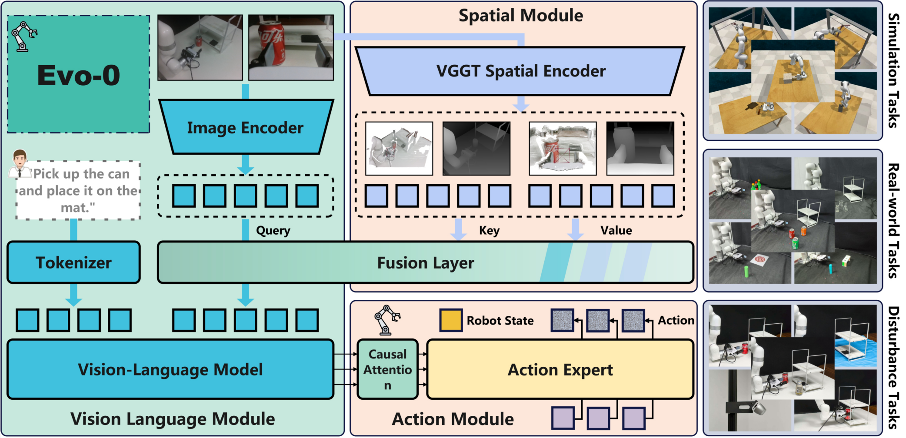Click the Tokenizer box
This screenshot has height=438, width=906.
73,262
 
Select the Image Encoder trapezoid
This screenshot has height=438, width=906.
245,128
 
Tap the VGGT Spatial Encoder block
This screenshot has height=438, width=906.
520,71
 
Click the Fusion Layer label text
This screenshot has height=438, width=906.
425,263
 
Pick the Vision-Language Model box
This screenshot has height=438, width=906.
170,369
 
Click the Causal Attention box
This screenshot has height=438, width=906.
387,369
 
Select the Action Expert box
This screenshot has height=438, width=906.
560,370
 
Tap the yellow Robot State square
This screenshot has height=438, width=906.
450,320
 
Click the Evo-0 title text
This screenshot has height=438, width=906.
79,76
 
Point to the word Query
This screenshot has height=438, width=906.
273,230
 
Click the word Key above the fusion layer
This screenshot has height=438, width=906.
489,230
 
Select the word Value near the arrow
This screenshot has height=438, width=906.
616,230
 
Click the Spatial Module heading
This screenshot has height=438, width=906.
521,16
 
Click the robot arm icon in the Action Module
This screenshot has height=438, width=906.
386,320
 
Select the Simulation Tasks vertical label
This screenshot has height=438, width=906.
893,70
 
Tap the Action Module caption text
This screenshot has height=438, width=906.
453,419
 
